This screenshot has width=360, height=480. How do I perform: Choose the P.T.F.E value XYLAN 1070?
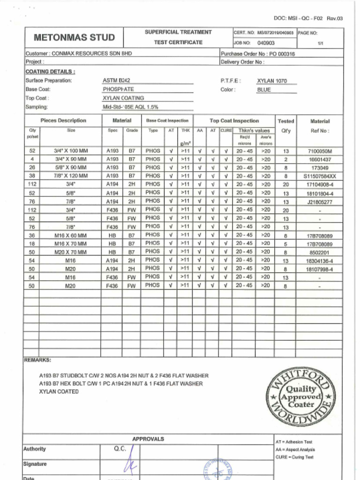[271, 81]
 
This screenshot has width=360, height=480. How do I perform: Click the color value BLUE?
[264, 90]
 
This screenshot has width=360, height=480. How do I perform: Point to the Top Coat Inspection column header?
[234, 120]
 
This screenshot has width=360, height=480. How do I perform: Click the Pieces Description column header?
[63, 120]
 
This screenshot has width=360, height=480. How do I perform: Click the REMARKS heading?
[37, 360]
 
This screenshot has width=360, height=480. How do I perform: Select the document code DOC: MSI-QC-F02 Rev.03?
[308, 19]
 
